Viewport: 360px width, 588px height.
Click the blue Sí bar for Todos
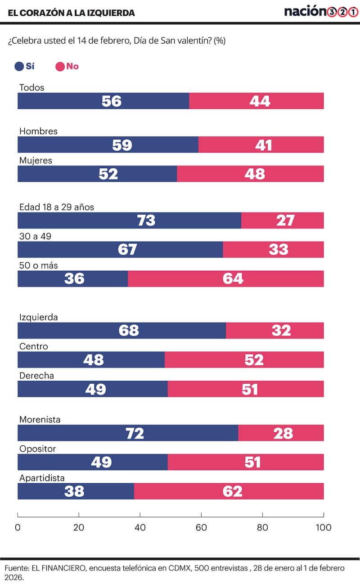click(x=103, y=101)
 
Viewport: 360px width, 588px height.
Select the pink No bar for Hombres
click(x=261, y=144)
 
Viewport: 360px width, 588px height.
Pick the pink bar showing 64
click(x=226, y=278)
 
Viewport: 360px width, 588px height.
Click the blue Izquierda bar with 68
click(x=121, y=331)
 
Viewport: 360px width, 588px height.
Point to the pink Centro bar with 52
click(x=244, y=360)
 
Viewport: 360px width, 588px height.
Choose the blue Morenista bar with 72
click(x=128, y=433)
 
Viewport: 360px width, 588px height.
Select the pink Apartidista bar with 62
click(x=229, y=491)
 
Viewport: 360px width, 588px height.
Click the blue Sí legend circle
click(x=19, y=67)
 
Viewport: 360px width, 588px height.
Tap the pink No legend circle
click(x=60, y=67)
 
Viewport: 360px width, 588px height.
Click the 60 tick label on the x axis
click(x=201, y=527)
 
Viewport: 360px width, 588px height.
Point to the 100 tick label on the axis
click(x=323, y=527)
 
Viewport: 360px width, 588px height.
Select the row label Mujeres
click(x=36, y=160)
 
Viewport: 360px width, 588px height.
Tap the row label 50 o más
click(x=38, y=265)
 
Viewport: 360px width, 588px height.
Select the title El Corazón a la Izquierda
click(x=71, y=13)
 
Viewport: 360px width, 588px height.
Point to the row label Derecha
click(x=36, y=375)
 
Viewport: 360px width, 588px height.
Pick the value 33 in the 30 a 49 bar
click(x=278, y=249)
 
